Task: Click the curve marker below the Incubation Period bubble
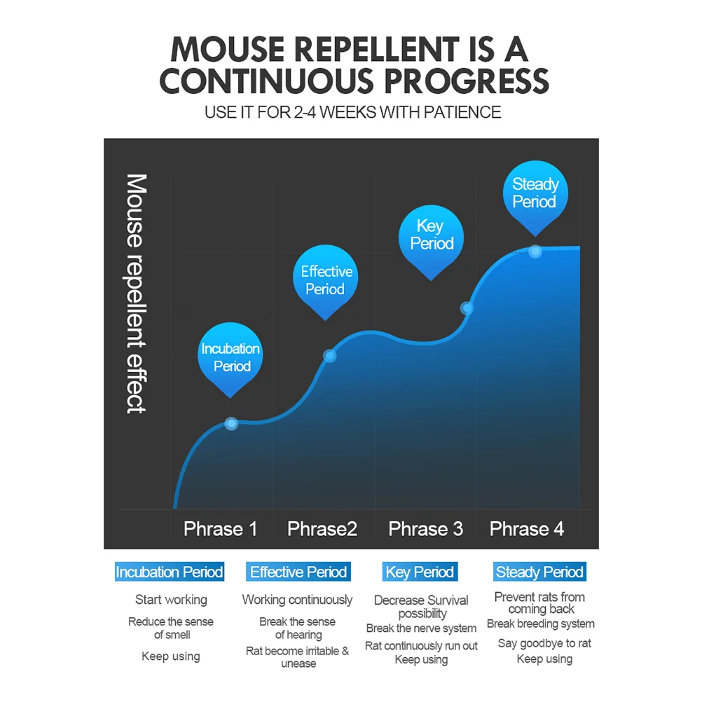(x=232, y=423)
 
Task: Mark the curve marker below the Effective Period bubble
(x=330, y=356)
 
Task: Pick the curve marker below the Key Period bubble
(x=467, y=308)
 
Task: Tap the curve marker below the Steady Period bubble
(x=535, y=251)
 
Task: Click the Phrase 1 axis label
(x=220, y=529)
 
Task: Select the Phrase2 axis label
(x=322, y=529)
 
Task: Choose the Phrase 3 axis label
(x=426, y=529)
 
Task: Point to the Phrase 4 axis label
(x=527, y=529)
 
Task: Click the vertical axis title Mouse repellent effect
(x=137, y=294)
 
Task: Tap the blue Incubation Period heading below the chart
(x=170, y=572)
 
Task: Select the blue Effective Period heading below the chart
(x=298, y=572)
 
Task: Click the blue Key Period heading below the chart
(x=420, y=572)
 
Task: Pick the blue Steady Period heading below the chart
(x=539, y=572)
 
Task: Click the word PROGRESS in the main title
(x=465, y=81)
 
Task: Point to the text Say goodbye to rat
(x=544, y=643)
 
